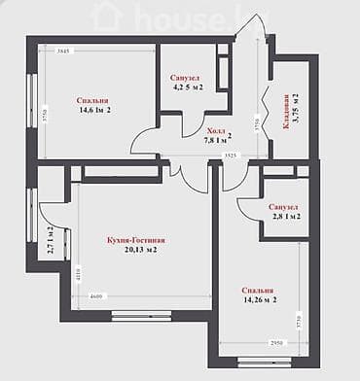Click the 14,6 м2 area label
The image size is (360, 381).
94,111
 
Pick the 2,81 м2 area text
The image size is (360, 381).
284,218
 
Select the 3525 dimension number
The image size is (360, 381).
230,155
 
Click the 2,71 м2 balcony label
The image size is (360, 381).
50,240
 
